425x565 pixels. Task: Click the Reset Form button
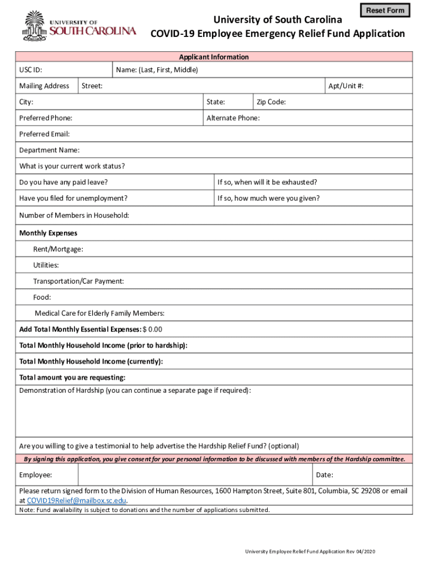tap(385, 10)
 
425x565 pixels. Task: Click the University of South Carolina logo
tap(79, 27)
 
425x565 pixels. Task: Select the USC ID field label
tap(31, 70)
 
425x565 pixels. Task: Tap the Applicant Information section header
tap(214, 57)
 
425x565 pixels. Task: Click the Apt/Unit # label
tap(346, 86)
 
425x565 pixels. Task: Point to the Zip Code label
tap(271, 102)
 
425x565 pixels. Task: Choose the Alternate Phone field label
tap(233, 118)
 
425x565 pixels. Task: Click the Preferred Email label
tap(45, 134)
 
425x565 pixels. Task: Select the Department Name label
tap(49, 150)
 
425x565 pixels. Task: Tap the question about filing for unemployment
tap(73, 198)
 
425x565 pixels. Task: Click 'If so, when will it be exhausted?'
tap(267, 182)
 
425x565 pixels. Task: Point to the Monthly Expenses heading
tap(48, 233)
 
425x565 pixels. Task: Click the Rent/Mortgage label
tap(58, 249)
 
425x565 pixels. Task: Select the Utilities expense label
tap(46, 265)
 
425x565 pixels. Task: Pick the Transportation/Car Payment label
tap(78, 281)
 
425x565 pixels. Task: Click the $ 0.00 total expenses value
tap(152, 329)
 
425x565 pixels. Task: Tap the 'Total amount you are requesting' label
tap(72, 377)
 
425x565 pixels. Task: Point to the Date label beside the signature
tap(324, 475)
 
